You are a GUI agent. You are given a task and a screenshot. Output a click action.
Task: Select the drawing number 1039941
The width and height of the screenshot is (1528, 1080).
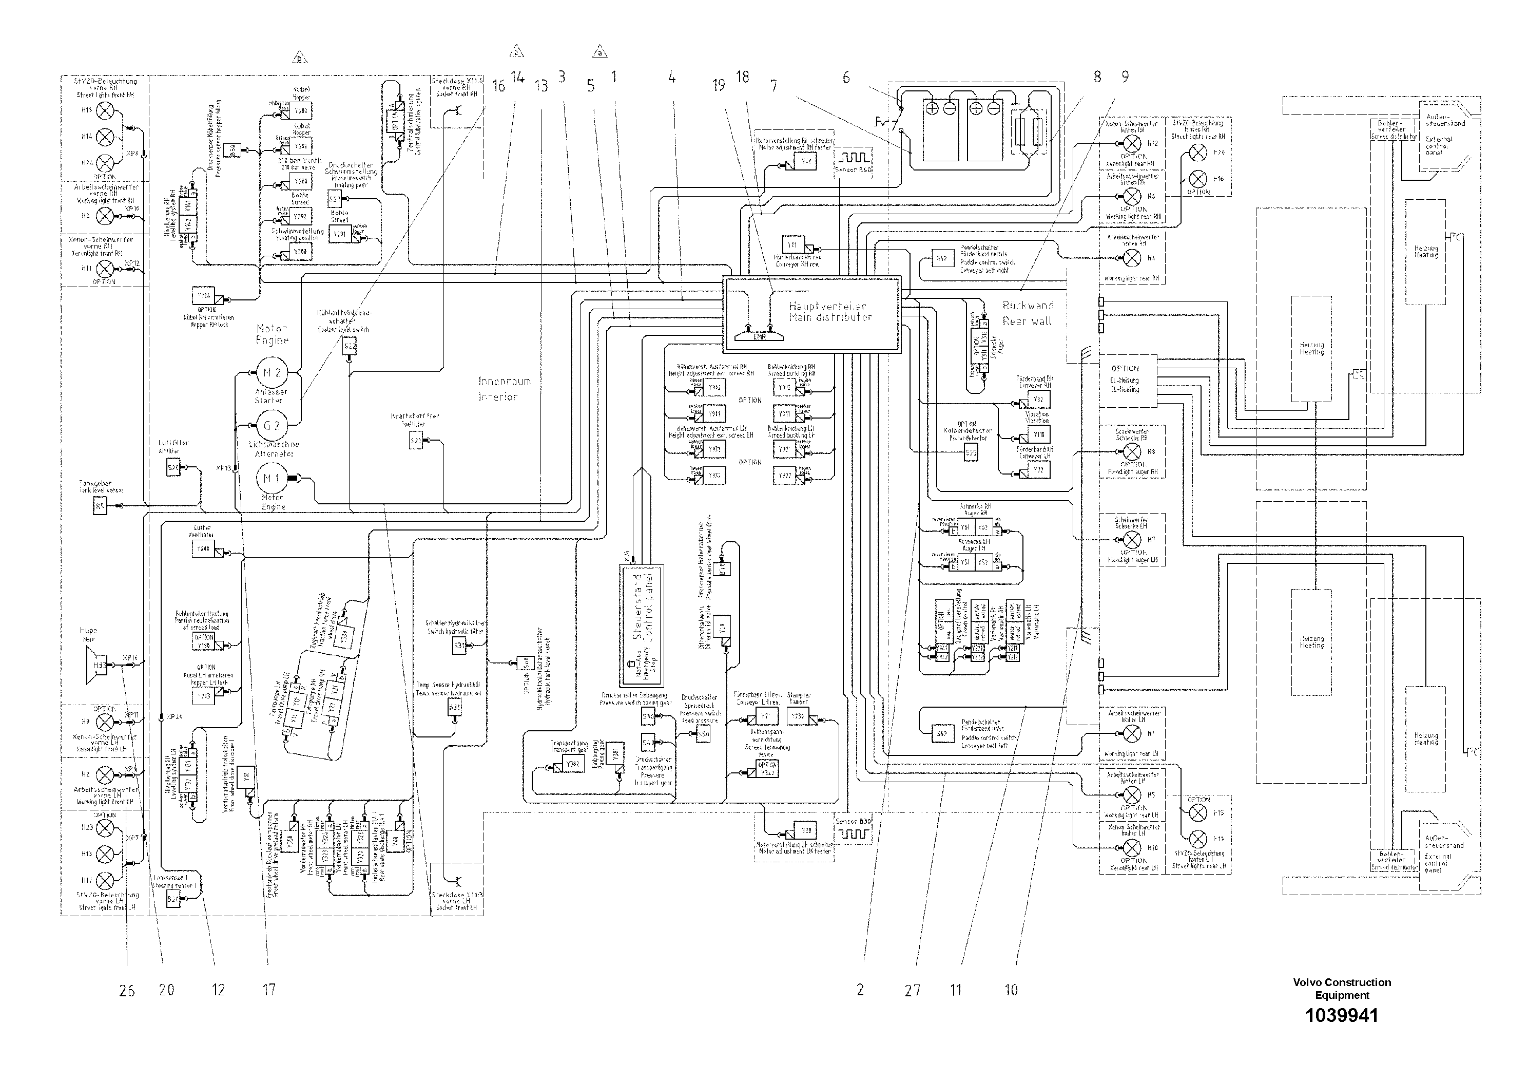point(1341,1015)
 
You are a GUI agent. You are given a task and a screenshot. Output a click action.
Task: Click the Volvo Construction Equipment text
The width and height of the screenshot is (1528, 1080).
point(1341,988)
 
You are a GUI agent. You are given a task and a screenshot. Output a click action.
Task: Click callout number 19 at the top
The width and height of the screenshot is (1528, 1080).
point(718,85)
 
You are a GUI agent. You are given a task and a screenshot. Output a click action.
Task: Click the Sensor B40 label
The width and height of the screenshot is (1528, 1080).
point(853,171)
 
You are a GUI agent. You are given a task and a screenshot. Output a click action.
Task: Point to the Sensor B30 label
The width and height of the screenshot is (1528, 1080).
point(853,822)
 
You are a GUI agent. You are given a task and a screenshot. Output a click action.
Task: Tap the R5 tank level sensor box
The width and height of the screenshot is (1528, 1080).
point(100,507)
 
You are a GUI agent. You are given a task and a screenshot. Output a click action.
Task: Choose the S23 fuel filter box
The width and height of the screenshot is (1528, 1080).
point(415,441)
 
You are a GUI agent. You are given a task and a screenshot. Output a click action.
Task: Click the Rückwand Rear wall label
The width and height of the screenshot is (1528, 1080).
point(1028,313)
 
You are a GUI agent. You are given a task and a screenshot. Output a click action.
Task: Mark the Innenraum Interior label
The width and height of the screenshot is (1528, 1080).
point(505,389)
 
